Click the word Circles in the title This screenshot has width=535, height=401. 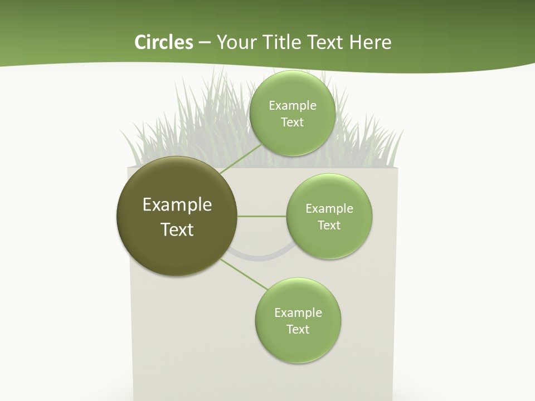pos(163,42)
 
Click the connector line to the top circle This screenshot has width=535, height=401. pos(241,159)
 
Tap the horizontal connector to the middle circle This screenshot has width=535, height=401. pos(262,216)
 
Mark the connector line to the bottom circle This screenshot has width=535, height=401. pos(244,274)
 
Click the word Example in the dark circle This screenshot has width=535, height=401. pos(177,205)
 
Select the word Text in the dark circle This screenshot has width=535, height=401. pos(177,229)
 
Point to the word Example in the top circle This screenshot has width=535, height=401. pos(292,106)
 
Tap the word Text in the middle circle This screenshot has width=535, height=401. pos(329,225)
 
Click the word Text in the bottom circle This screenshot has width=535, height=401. pos(298,329)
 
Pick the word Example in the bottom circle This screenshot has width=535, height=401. pos(298,312)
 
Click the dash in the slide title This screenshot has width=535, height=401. pos(204,42)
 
